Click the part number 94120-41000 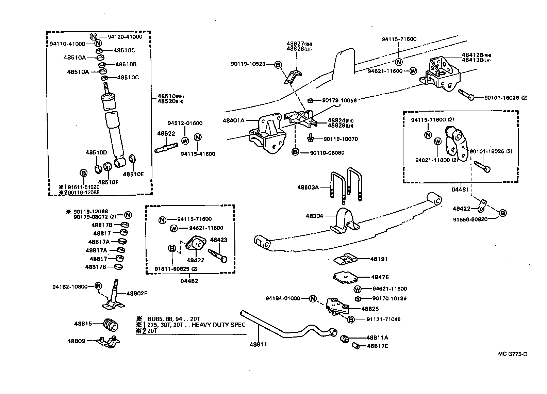(125, 37)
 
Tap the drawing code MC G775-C (513, 354)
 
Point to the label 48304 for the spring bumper (314, 216)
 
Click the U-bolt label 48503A (308, 187)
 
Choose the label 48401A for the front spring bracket (234, 120)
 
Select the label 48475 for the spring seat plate (380, 277)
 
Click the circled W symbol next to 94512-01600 (185, 140)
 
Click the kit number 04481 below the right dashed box (461, 189)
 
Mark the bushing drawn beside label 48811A (345, 339)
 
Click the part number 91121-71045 (383, 319)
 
